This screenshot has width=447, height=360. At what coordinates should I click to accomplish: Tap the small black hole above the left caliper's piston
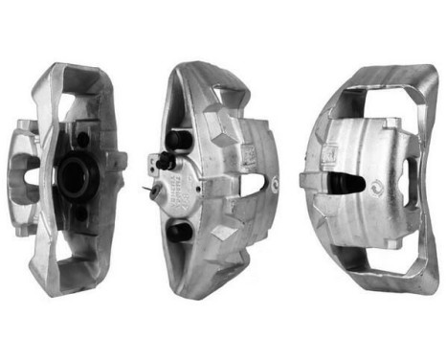coord(83,139)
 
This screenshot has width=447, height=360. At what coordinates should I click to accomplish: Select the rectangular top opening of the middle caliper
coord(230,95)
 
